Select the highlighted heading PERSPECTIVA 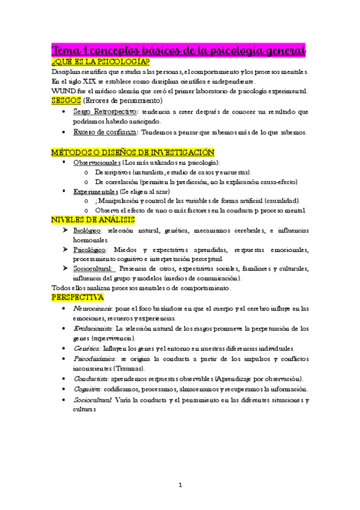click(78, 298)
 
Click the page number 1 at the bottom click(180, 484)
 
